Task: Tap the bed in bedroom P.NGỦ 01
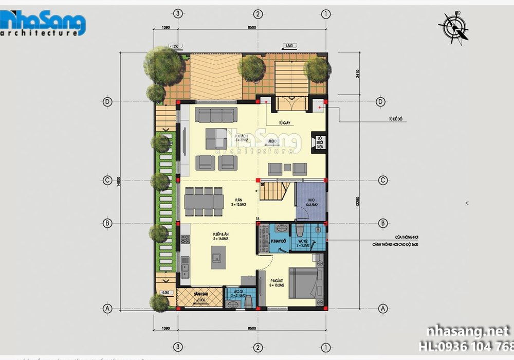(306, 282)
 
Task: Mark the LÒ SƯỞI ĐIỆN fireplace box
(319, 142)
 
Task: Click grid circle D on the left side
(107, 102)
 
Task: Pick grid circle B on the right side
(382, 223)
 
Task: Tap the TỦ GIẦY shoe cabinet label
(286, 123)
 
